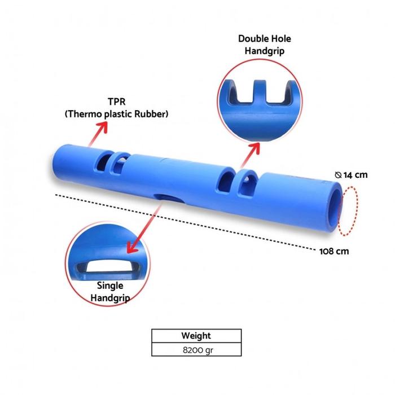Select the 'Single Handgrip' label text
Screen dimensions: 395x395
coord(110,291)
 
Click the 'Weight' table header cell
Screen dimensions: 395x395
coord(196,336)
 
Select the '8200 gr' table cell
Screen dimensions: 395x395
coord(196,349)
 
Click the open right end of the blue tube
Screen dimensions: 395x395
coord(333,207)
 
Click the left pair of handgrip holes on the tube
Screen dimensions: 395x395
coord(111,164)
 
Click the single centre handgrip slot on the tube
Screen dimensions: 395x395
coord(166,198)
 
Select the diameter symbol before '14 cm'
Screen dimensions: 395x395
coord(337,175)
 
